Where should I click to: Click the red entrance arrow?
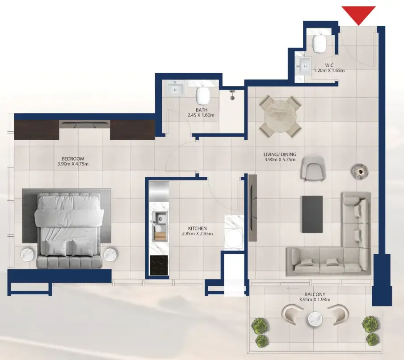click(x=359, y=15)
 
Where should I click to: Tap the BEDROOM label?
click(x=73, y=159)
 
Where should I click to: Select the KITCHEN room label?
click(x=198, y=228)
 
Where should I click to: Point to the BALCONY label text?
click(x=315, y=294)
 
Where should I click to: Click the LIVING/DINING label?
click(x=280, y=155)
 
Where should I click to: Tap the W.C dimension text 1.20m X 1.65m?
click(x=329, y=70)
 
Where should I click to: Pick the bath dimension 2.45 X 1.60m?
click(x=201, y=115)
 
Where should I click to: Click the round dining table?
click(x=280, y=116)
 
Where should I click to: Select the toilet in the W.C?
click(x=319, y=43)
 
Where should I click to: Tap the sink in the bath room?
click(x=176, y=88)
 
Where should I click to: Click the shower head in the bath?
click(x=232, y=95)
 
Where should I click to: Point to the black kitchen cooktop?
click(x=159, y=265)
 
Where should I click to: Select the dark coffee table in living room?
click(x=312, y=214)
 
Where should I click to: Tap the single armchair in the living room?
click(x=313, y=167)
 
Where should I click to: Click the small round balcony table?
click(x=315, y=319)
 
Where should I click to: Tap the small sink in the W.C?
click(x=303, y=66)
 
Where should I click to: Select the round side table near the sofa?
click(x=359, y=171)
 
